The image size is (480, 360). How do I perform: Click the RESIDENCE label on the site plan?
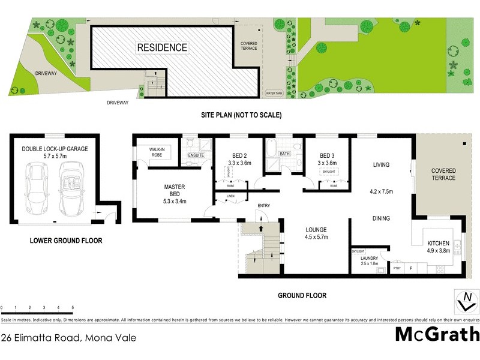pyautogui.click(x=162, y=47)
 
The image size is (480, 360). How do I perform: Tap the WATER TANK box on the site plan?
pyautogui.click(x=274, y=94)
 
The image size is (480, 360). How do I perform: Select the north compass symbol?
pyautogui.click(x=464, y=301)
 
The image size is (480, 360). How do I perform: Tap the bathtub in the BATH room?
pyautogui.click(x=270, y=148)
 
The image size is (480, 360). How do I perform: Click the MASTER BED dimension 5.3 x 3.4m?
pyautogui.click(x=174, y=200)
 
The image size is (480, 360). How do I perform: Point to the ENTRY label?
pyautogui.click(x=263, y=206)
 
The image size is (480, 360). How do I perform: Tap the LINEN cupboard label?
pyautogui.click(x=231, y=196)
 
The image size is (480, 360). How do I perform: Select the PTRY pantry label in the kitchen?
pyautogui.click(x=397, y=269)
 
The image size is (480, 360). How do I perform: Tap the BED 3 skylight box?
pyautogui.click(x=328, y=171)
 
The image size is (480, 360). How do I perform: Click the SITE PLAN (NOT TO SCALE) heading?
pyautogui.click(x=241, y=115)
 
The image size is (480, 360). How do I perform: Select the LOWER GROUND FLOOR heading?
pyautogui.click(x=66, y=241)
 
